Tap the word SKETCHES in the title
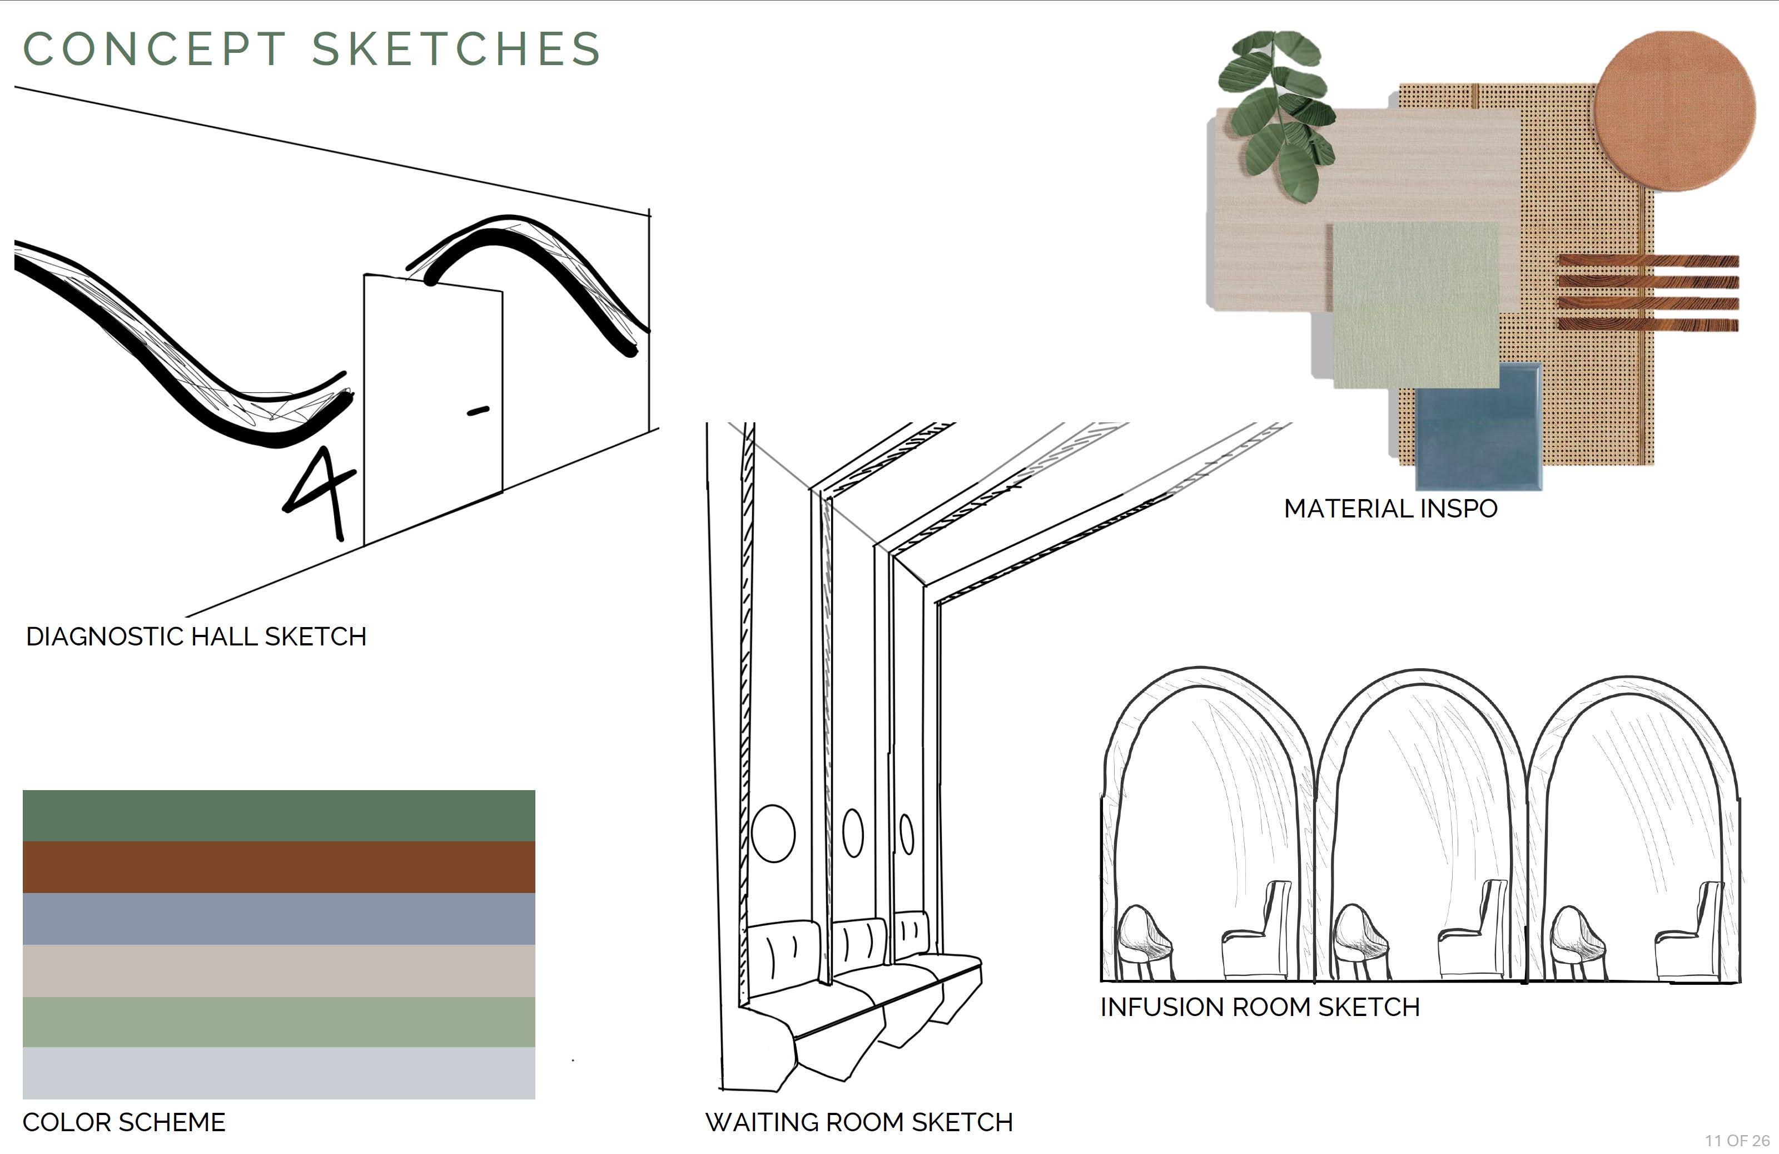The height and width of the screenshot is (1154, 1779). pos(456,50)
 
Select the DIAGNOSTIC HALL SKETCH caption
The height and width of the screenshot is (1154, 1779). pos(196,637)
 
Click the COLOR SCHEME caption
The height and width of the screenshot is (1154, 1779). pos(123,1122)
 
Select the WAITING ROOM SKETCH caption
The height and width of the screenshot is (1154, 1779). pos(859,1122)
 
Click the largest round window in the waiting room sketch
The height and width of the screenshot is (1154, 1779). pos(773,833)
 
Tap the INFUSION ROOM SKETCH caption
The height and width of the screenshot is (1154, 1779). pos(1260,1007)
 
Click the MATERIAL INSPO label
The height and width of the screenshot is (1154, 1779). pos(1390,509)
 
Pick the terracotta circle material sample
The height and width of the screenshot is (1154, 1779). pos(1674,111)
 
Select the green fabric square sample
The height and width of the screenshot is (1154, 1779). pos(1415,303)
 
